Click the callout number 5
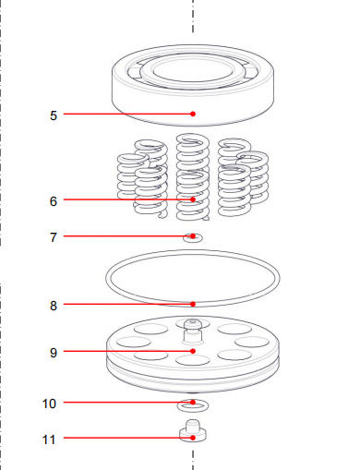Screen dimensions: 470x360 pos(54,115)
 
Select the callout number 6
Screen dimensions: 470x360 pos(54,200)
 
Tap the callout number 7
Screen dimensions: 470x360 pos(54,237)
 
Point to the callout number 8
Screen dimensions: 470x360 pos(54,305)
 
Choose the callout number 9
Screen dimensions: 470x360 pos(54,353)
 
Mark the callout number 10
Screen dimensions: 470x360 pos(50,404)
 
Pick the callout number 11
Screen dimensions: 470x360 pos(50,439)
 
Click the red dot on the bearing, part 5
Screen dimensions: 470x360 pos(193,114)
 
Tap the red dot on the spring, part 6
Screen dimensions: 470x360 pos(193,199)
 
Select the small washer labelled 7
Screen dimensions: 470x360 pos(193,239)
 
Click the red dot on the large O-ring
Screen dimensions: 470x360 pos(193,304)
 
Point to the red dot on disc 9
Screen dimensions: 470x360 pos(193,352)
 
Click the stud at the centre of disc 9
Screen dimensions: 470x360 pos(193,324)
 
